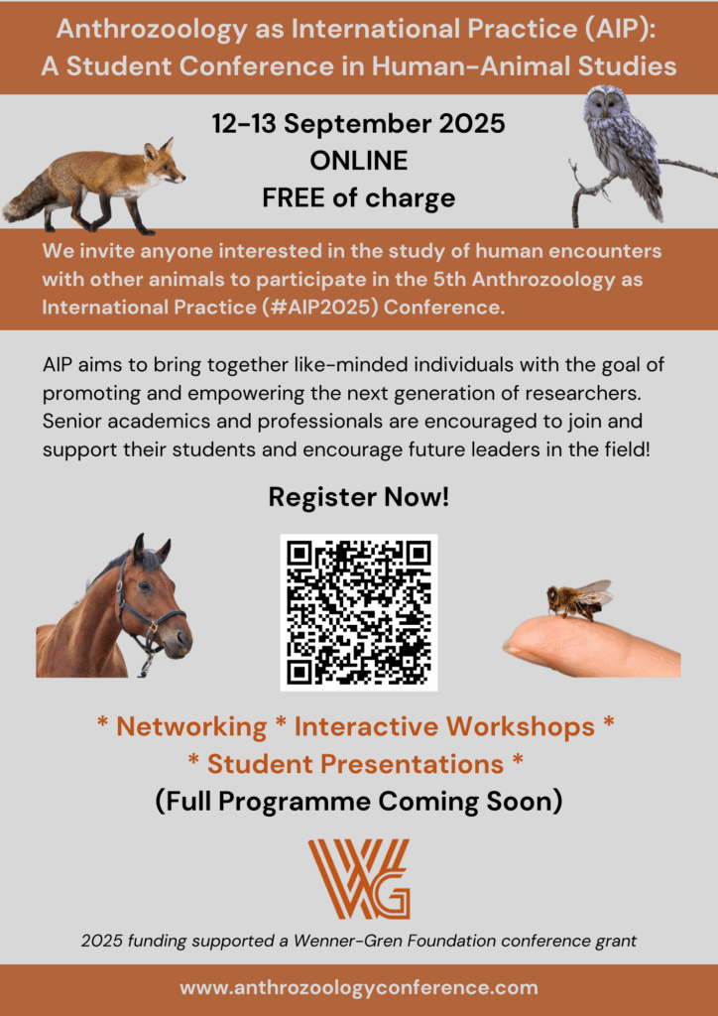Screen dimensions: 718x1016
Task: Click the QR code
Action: coord(359,612)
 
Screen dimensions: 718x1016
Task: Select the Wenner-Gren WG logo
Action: coord(359,879)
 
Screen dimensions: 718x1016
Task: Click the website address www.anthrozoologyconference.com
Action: coord(359,988)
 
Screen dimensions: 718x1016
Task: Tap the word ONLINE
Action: coord(359,161)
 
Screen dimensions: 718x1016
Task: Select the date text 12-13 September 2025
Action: coord(359,123)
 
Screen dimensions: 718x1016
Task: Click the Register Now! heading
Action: coord(359,498)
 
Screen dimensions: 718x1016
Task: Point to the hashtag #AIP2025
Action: coord(320,307)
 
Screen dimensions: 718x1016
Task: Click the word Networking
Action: coord(191,726)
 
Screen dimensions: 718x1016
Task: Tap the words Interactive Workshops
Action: coord(444,726)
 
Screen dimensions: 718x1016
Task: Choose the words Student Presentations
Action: coord(355,765)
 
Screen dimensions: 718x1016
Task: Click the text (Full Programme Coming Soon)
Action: coord(359,802)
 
